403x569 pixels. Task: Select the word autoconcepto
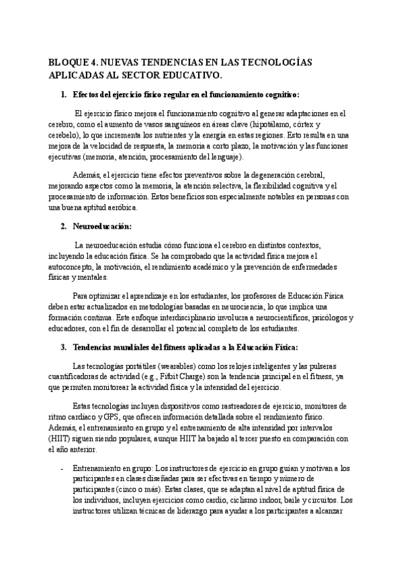[73, 266]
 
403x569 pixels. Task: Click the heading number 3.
[63, 347]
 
